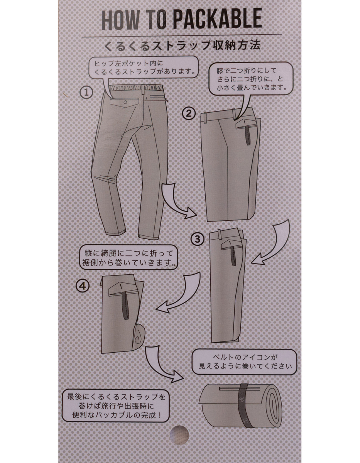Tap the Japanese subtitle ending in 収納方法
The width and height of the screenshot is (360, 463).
(x=183, y=45)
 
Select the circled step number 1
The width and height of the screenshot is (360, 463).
(x=86, y=93)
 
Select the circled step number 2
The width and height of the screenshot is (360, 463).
(x=189, y=113)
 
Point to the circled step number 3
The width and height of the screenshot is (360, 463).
(x=198, y=239)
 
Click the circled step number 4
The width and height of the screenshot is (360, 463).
(x=83, y=286)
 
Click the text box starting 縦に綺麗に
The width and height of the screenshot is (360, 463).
(x=128, y=258)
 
